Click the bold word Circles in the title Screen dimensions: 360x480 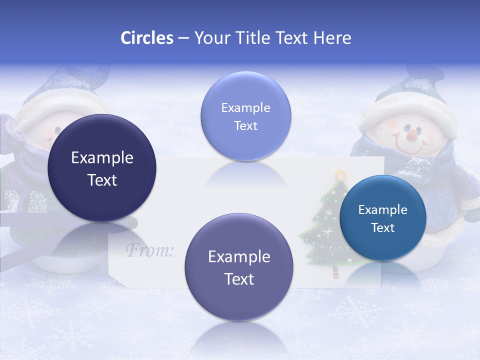click(146, 38)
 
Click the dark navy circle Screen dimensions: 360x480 click(102, 168)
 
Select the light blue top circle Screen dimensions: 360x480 click(245, 116)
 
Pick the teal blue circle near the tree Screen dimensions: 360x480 click(382, 218)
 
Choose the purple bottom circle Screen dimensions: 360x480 click(239, 267)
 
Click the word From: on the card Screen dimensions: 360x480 click(149, 249)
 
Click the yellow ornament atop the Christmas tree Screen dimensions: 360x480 click(341, 175)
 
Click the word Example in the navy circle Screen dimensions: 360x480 click(102, 158)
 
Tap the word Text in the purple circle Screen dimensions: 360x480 click(239, 279)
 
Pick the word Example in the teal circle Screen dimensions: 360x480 click(382, 210)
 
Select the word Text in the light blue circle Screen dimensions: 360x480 click(245, 125)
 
